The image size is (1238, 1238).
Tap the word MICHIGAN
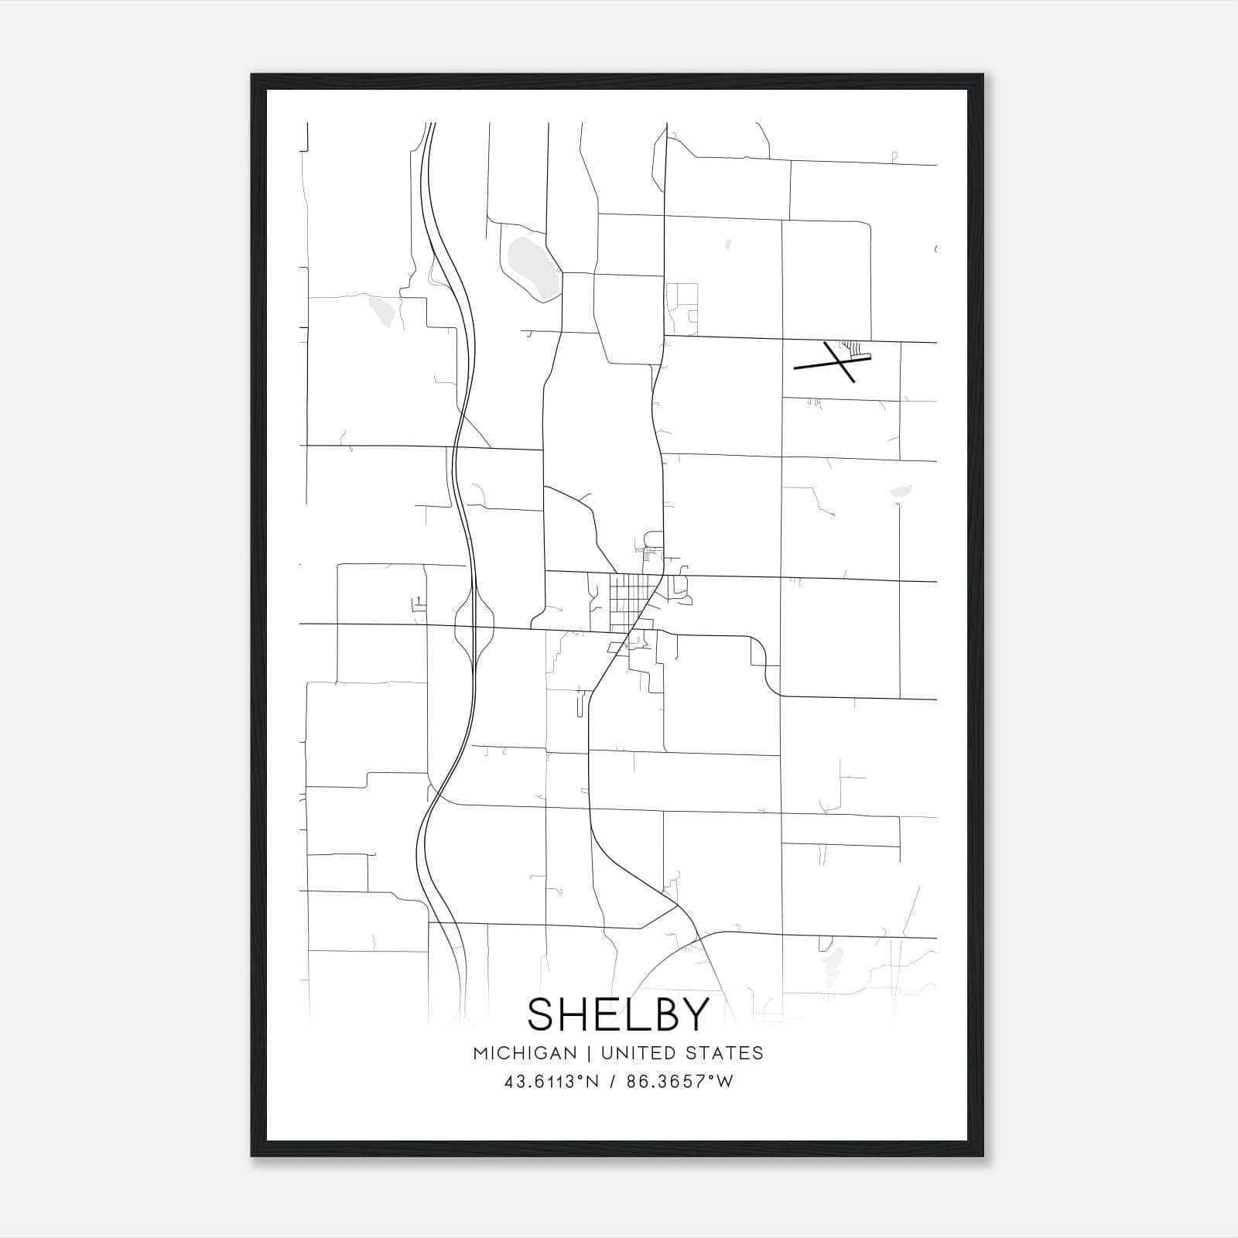525,1053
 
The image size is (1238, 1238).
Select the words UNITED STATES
682,1053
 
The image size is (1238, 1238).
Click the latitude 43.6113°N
551,1082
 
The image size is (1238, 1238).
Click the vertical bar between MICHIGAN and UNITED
588,1053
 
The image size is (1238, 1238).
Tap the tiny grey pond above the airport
728,245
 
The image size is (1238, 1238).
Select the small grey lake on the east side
901,490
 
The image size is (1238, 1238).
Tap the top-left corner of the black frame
252,76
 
